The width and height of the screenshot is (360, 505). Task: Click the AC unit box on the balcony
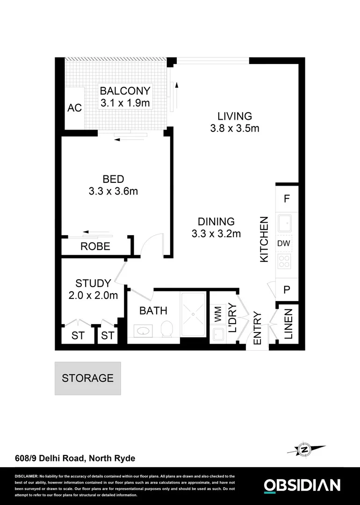(74, 108)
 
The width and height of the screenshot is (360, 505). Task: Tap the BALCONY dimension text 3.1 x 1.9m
(125, 102)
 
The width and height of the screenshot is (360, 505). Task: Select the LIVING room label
(234, 116)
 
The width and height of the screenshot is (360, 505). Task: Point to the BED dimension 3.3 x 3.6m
(113, 191)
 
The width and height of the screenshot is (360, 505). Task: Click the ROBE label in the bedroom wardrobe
(95, 246)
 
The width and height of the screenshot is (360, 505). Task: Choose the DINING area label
(216, 222)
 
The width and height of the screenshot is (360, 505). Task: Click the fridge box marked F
(287, 198)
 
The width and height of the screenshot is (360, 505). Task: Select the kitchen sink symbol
(285, 224)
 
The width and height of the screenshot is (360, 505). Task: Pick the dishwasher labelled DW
(285, 244)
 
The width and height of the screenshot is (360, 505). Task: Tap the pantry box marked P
(287, 290)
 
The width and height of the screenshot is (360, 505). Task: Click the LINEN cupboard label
(288, 324)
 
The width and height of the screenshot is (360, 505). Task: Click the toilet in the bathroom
(166, 330)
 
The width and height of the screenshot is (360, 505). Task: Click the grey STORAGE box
(87, 378)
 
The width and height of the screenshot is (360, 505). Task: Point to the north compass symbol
(304, 449)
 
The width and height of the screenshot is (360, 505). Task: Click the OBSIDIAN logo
(302, 485)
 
